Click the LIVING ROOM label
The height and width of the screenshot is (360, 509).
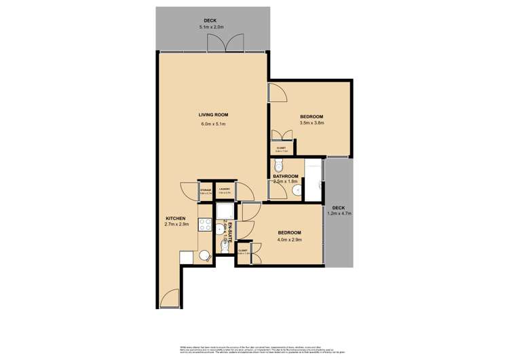212,115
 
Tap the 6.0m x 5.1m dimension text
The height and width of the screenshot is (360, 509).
212,124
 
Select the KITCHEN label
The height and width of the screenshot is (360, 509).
174,217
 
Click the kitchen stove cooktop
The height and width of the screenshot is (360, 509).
204,224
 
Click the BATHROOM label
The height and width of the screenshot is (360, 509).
286,176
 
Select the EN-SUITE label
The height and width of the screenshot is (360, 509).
230,232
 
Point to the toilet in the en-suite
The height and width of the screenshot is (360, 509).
223,247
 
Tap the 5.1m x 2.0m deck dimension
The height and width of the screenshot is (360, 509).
211,26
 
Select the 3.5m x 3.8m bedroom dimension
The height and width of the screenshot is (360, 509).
312,124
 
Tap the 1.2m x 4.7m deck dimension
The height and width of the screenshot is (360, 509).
338,213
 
